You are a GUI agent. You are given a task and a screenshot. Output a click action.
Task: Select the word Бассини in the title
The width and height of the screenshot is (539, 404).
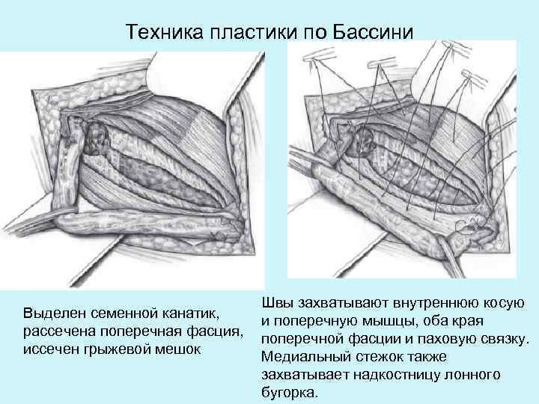377,32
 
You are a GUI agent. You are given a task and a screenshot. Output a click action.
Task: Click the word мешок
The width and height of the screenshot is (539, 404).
179,349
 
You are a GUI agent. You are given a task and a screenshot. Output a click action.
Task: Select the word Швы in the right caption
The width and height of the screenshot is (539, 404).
276,302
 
